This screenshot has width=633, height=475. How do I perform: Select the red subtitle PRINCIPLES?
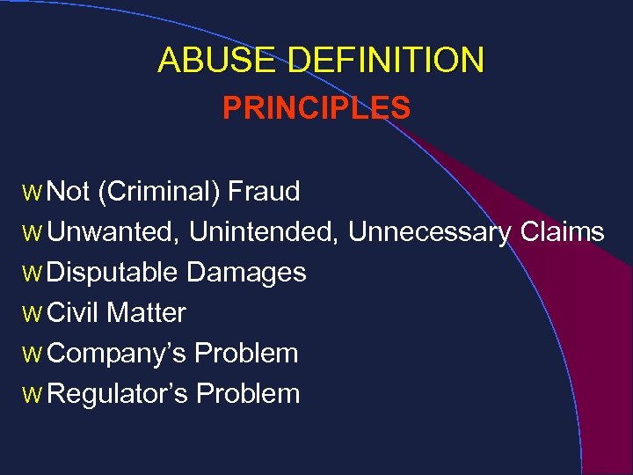[x=316, y=108]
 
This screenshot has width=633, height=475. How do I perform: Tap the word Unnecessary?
[x=429, y=232]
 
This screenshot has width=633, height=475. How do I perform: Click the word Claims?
[x=562, y=232]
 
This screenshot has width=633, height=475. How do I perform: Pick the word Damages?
[x=246, y=273]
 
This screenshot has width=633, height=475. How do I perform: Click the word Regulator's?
[x=117, y=393]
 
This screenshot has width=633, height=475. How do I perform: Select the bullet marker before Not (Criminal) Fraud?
[x=33, y=193]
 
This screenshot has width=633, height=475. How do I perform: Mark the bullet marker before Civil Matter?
[x=33, y=314]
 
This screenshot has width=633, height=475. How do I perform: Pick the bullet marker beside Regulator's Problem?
[x=33, y=395]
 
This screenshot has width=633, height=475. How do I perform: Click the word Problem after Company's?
[x=246, y=353]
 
